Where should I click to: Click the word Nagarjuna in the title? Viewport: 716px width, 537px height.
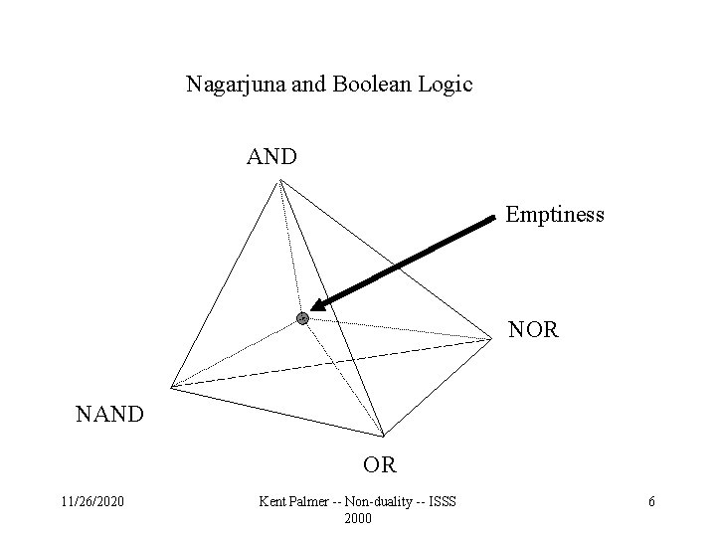230,85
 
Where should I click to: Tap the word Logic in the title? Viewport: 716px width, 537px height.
446,85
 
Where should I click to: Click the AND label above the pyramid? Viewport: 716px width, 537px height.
271,157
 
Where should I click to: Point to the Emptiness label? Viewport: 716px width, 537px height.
554,214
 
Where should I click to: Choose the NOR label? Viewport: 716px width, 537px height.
533,327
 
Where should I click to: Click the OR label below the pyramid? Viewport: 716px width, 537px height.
379,463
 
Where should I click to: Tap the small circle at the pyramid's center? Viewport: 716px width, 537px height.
302,318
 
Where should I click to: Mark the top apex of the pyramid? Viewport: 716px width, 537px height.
280,180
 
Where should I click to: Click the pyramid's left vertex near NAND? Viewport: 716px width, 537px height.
171,387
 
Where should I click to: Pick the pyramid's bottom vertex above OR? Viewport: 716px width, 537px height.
383,436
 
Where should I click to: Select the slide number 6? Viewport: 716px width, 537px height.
651,502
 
